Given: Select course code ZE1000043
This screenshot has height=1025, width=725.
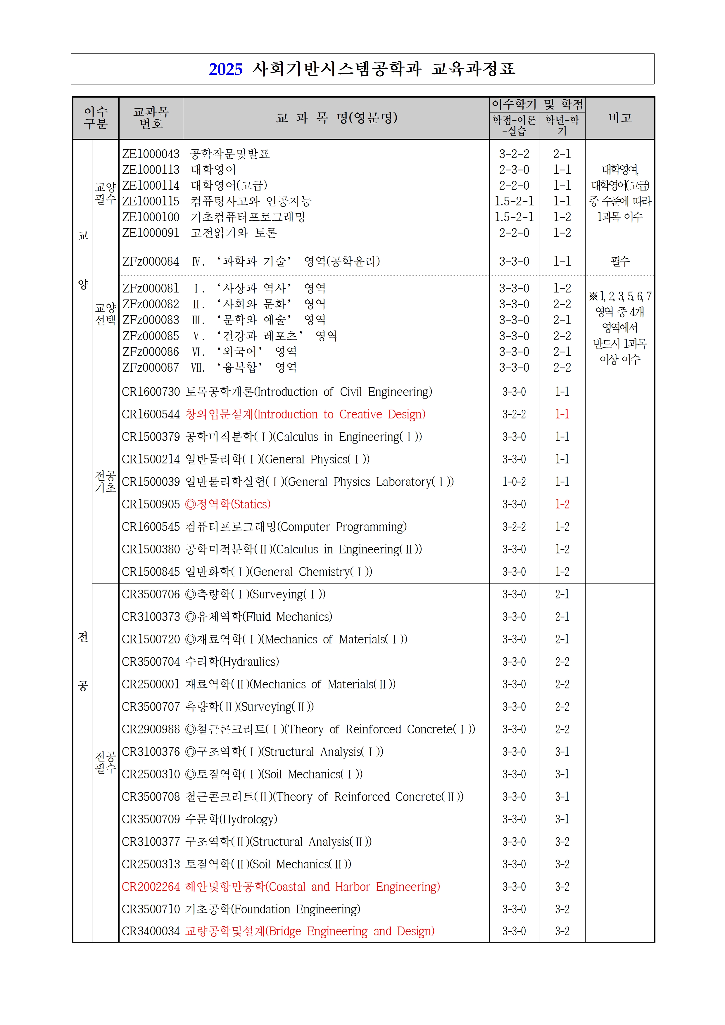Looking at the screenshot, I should tap(151, 154).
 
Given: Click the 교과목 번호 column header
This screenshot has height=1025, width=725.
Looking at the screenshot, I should tap(151, 118).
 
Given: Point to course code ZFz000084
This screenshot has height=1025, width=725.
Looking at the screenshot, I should tap(151, 262).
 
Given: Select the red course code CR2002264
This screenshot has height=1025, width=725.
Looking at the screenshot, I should tap(151, 887).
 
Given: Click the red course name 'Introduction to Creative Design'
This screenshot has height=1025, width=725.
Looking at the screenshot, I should tap(305, 414).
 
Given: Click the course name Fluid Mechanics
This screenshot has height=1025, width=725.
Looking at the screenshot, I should tap(259, 617).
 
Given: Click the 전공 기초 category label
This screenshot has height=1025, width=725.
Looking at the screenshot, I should tap(106, 482).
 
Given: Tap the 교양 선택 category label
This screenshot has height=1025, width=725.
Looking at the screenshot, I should tap(106, 314).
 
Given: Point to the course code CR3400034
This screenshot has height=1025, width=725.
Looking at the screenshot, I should tap(151, 931).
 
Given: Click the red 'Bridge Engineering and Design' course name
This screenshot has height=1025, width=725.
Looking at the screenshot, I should tap(310, 931).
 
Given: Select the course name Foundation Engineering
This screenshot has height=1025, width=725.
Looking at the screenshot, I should tap(272, 909).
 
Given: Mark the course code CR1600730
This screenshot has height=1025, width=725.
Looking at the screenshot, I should tap(151, 392).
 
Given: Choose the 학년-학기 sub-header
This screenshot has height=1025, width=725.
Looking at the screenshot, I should tap(562, 125).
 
